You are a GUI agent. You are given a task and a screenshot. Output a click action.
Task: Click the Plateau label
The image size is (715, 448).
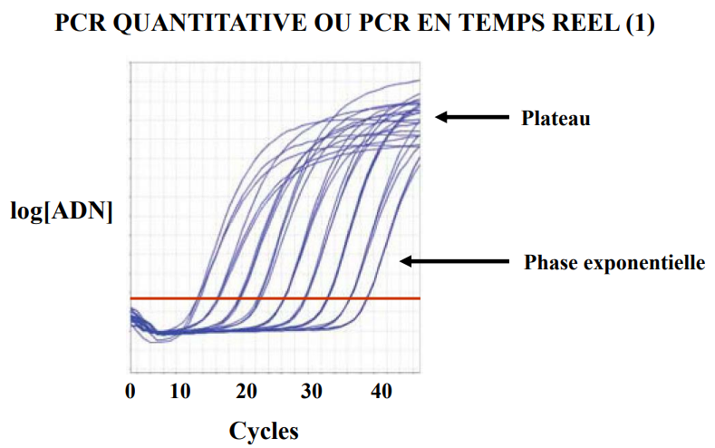pyautogui.click(x=556, y=118)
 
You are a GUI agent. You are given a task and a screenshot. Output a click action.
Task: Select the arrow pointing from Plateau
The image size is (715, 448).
pyautogui.click(x=471, y=116)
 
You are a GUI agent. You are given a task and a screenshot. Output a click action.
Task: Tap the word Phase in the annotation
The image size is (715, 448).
pyautogui.click(x=552, y=263)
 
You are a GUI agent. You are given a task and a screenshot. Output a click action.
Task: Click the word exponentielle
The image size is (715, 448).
pyautogui.click(x=644, y=263)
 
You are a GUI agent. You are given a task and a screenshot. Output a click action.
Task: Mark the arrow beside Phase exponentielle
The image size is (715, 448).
pyautogui.click(x=453, y=261)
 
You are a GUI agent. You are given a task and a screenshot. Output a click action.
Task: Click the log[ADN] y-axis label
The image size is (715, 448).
pyautogui.click(x=61, y=213)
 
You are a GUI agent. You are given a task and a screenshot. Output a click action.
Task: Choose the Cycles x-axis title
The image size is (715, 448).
pyautogui.click(x=263, y=429)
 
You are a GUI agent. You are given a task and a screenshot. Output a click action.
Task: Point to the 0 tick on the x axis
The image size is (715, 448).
pyautogui.click(x=130, y=392)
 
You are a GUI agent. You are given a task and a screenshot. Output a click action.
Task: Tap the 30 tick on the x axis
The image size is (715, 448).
pyautogui.click(x=311, y=392)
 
